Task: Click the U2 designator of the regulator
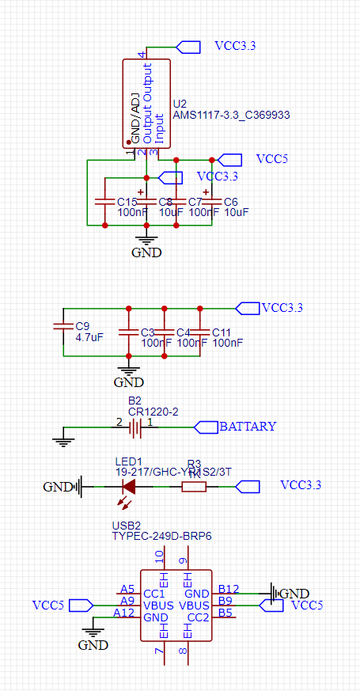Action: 180,104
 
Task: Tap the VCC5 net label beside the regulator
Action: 271,159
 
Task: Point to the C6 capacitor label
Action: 231,202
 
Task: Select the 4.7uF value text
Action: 89,338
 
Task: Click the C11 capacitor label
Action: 222,332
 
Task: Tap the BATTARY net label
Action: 248,426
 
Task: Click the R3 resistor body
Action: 194,486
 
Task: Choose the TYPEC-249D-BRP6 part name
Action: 161,536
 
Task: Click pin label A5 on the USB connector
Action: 127,589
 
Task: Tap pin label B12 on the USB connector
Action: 229,589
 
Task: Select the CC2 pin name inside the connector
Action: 198,617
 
